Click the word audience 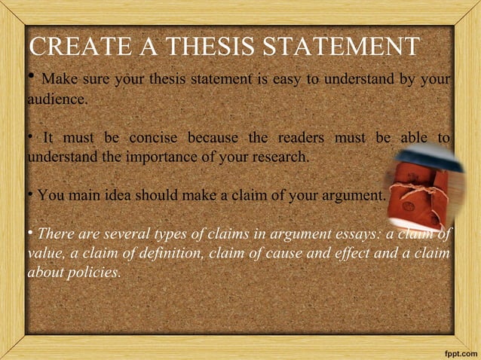pyautogui.click(x=57, y=99)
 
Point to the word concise pyautogui.click(x=153, y=138)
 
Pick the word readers pyautogui.click(x=301, y=138)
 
